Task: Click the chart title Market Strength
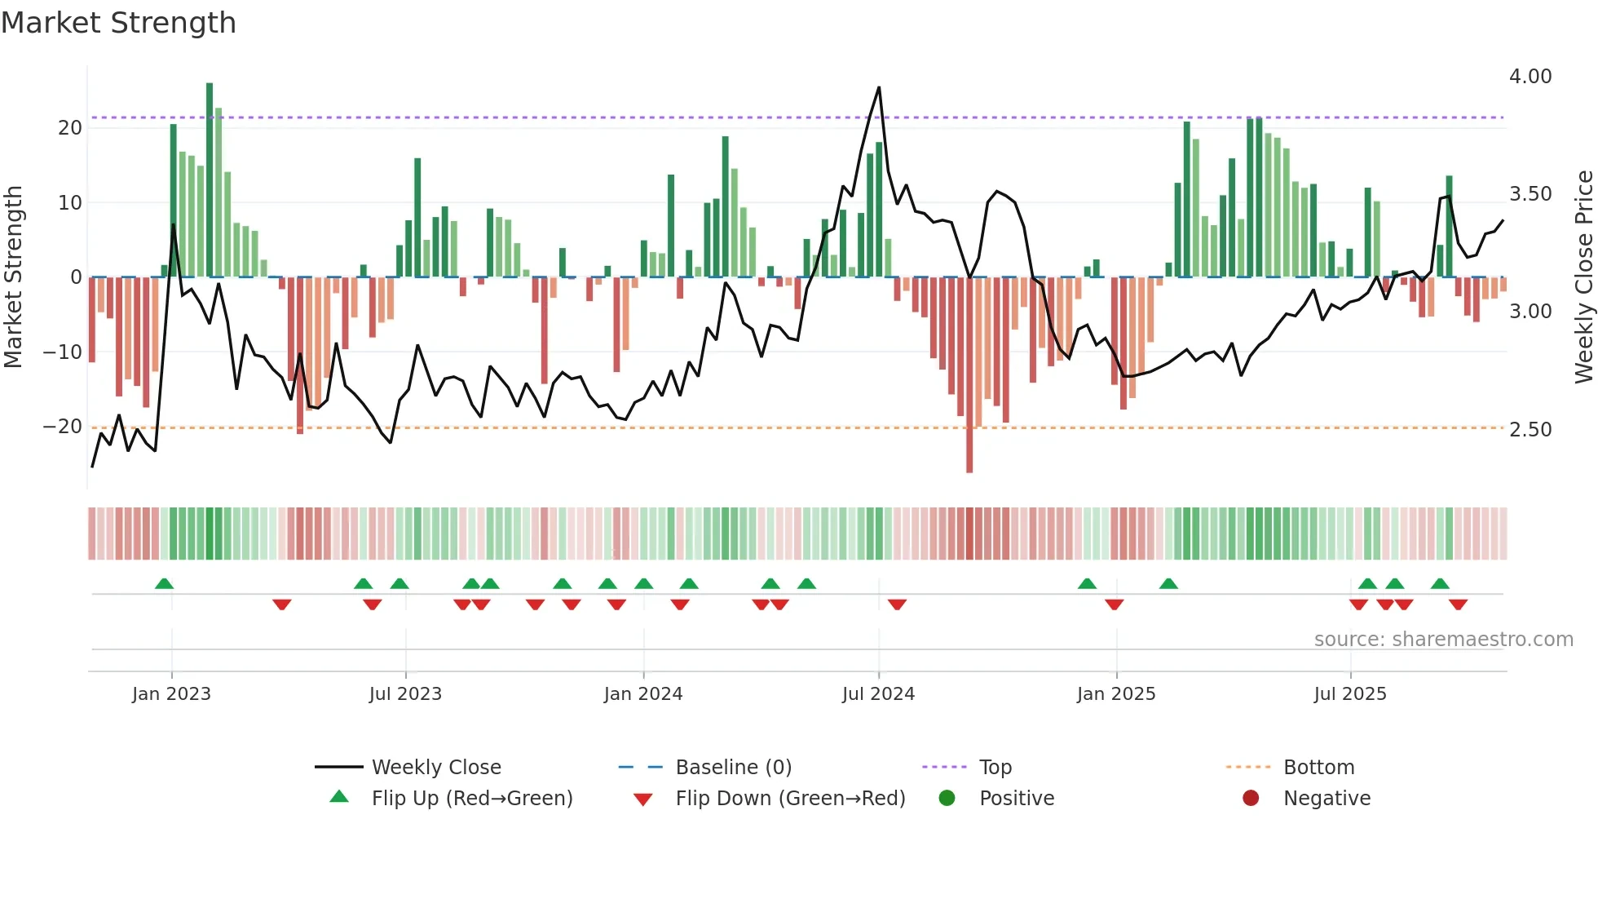(119, 23)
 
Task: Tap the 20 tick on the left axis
(70, 128)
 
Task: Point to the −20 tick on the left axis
(63, 427)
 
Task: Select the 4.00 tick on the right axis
(1530, 77)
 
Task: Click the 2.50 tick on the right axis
(1530, 430)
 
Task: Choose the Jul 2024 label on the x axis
(878, 694)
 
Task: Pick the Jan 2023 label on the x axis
(171, 694)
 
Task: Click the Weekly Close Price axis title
(1583, 277)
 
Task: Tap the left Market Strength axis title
(14, 277)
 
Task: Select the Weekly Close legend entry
(436, 768)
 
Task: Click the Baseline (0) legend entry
(733, 768)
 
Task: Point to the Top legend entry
(995, 768)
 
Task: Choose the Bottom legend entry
(1318, 768)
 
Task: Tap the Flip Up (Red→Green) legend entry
(471, 799)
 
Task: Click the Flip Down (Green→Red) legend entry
(790, 799)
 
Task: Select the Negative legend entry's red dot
(1251, 799)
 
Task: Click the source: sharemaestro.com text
(1443, 640)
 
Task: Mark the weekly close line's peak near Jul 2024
(879, 87)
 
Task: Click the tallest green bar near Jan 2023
(210, 179)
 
